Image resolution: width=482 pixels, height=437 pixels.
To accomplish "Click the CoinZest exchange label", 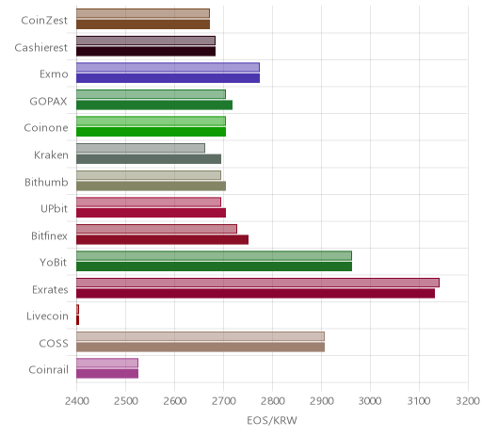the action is point(44,21).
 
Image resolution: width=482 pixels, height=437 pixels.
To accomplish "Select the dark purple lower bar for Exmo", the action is point(168,78).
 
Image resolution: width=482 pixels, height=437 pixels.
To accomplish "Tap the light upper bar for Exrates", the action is point(258,283).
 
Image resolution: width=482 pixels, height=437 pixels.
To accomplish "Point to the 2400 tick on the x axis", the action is point(77,401).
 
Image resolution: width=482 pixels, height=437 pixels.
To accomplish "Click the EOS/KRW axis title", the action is point(272,420).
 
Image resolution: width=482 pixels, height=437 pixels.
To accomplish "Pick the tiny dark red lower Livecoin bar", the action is point(77,320).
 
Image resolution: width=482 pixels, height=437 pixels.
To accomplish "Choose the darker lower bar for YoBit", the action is point(214,267).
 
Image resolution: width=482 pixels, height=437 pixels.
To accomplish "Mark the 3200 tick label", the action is point(468,401).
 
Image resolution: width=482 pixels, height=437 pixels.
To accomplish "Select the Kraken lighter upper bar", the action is point(140,148).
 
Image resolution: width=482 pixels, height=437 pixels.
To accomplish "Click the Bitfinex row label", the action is point(49,235).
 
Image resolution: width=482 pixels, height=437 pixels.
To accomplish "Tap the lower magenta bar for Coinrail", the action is point(107,374).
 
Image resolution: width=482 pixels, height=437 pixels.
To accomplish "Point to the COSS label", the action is point(54,343).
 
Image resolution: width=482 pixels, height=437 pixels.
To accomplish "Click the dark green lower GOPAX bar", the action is point(154,105).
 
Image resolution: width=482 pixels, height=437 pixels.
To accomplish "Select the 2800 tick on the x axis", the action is point(272,401).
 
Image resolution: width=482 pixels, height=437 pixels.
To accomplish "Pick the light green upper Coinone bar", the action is point(151,121).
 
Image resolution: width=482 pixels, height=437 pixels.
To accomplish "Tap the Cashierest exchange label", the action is point(40,48).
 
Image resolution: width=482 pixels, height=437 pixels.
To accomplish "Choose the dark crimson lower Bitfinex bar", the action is point(162,239).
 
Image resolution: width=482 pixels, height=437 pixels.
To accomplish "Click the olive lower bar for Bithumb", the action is point(151,186).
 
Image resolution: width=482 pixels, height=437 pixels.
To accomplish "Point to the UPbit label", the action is point(54,209).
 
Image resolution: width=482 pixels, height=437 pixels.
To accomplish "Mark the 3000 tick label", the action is point(370,401).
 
